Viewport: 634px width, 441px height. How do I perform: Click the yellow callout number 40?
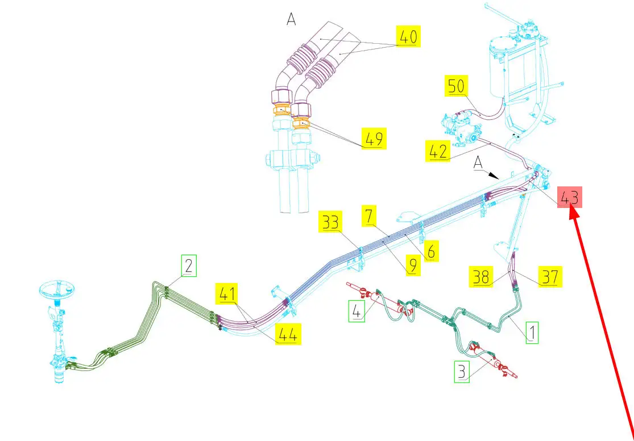(408, 38)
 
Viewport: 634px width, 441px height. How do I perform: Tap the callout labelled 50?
(457, 87)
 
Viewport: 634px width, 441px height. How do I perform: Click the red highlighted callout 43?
(570, 198)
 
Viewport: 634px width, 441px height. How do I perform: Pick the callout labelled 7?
(369, 216)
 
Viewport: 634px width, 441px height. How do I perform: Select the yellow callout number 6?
(430, 251)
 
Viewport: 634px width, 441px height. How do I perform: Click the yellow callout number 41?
(226, 294)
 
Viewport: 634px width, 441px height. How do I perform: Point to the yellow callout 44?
(288, 334)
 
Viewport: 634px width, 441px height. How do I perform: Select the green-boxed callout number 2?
(188, 265)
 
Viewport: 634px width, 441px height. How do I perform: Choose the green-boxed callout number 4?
(357, 311)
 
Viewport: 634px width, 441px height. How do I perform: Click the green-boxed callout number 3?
(461, 372)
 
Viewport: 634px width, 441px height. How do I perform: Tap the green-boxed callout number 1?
(532, 332)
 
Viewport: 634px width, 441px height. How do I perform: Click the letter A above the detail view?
(291, 19)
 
